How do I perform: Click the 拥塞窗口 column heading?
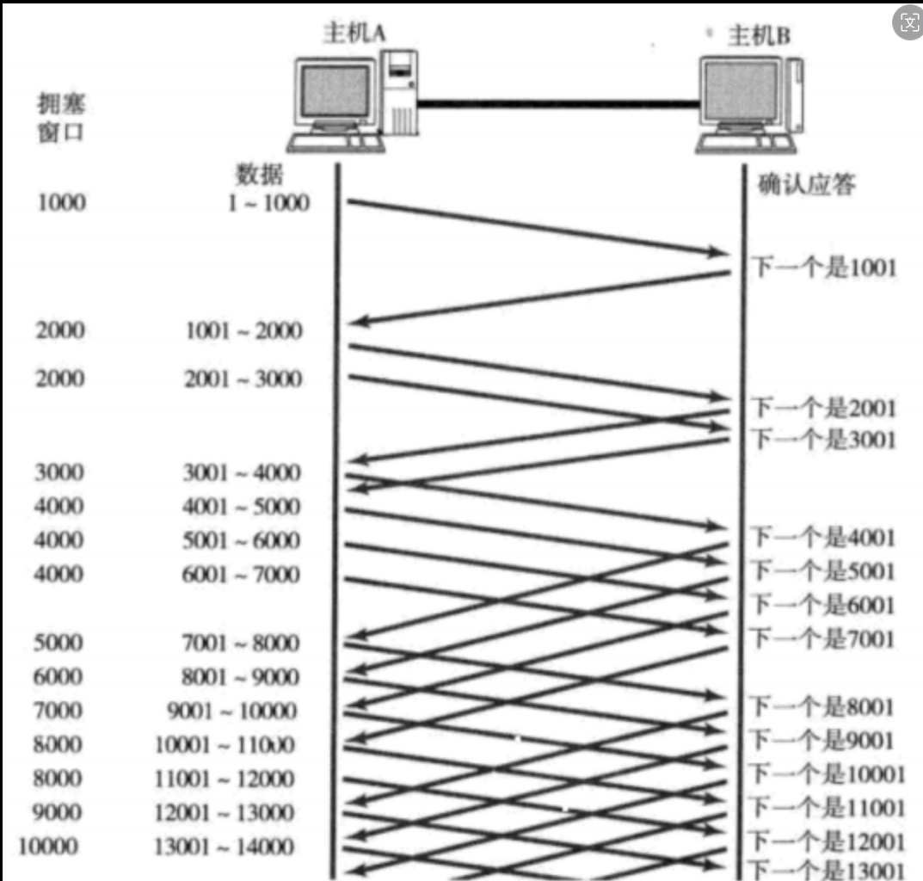[x=61, y=120]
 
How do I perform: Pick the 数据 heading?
[x=259, y=175]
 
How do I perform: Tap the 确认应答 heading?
[x=806, y=184]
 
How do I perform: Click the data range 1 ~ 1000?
[x=268, y=204]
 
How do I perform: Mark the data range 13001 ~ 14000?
[x=224, y=847]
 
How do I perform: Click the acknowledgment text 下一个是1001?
[x=824, y=268]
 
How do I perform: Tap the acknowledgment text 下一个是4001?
[x=824, y=539]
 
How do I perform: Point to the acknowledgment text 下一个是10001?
[x=828, y=774]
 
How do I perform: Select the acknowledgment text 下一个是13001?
[x=828, y=869]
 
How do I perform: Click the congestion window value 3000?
[x=59, y=472]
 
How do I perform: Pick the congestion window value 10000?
[x=48, y=847]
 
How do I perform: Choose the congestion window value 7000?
[x=58, y=711]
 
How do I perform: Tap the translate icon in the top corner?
[x=908, y=22]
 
